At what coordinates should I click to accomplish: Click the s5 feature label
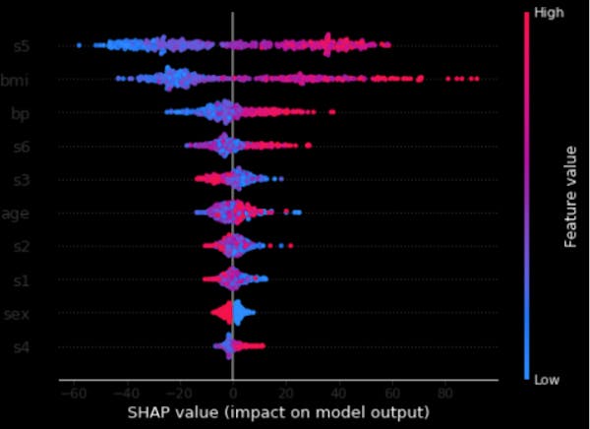[21, 45]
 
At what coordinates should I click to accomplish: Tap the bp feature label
[20, 113]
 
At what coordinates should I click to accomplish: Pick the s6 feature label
[21, 147]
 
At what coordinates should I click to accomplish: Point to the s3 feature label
[21, 180]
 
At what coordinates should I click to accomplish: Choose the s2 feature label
[21, 247]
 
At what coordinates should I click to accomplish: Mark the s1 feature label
[21, 280]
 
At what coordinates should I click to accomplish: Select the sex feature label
[18, 314]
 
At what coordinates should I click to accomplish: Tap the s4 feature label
[21, 347]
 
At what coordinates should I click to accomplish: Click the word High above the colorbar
[547, 11]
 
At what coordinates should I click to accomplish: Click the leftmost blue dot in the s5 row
[79, 45]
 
